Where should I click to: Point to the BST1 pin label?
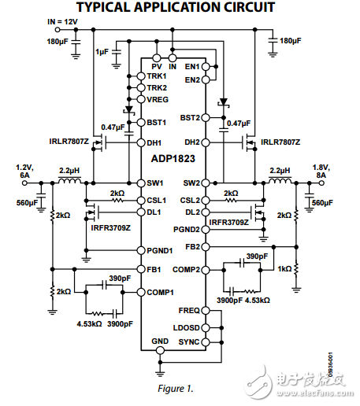(156, 123)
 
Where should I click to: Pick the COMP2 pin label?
(187, 269)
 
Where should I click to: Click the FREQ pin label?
(190, 310)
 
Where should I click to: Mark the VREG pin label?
(157, 100)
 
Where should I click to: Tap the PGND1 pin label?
(161, 251)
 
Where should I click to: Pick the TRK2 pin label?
(157, 88)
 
